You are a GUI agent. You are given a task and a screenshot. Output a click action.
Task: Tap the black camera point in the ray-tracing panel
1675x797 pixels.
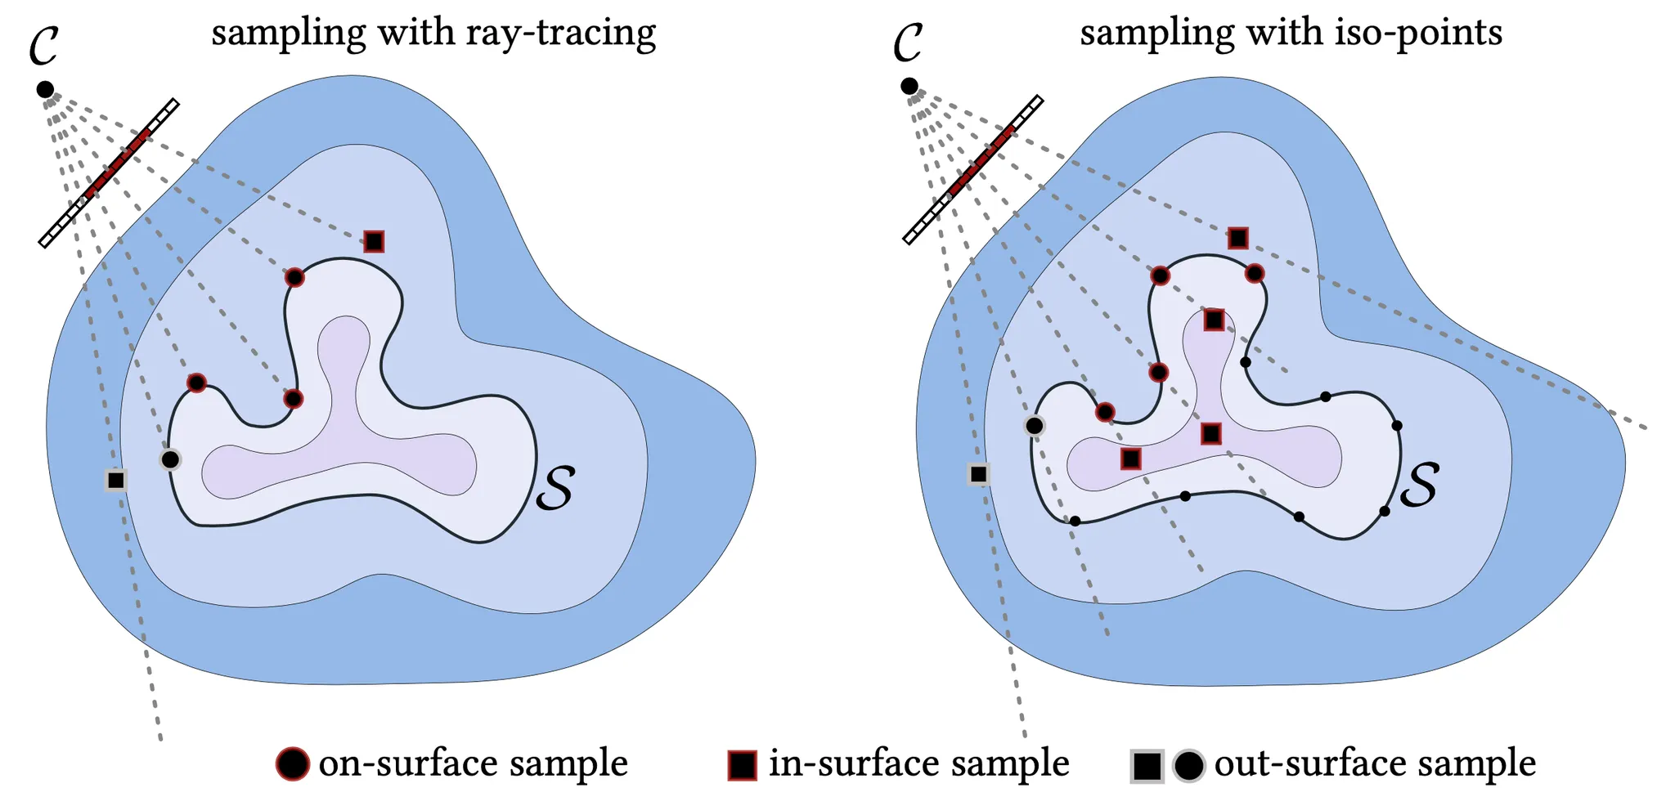click(x=45, y=89)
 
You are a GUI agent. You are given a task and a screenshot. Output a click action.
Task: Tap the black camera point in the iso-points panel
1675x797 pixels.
click(x=909, y=86)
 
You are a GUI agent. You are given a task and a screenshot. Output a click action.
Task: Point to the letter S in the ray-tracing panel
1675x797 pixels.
click(x=555, y=488)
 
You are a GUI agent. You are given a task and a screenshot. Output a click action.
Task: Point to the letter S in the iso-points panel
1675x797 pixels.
click(x=1419, y=485)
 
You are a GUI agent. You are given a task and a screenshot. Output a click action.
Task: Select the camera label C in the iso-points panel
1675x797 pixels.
click(x=908, y=42)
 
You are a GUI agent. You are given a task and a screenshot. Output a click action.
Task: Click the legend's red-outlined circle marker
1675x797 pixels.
click(x=293, y=764)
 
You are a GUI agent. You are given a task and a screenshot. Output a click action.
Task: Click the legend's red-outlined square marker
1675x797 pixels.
click(x=742, y=765)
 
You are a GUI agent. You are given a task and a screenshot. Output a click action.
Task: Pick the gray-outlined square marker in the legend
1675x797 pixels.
click(x=1147, y=766)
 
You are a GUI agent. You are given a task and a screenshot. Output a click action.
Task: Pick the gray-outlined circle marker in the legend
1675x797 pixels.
click(x=1188, y=766)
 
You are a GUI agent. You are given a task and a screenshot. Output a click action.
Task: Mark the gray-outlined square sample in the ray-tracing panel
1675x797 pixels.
click(x=116, y=480)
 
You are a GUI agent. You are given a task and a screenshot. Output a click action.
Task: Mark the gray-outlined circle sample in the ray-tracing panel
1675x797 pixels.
click(x=170, y=459)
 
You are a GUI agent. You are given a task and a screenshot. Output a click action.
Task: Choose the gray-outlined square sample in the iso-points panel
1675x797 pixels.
click(x=978, y=474)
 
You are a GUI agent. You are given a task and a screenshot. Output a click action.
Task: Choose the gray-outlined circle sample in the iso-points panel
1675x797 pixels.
click(x=1035, y=425)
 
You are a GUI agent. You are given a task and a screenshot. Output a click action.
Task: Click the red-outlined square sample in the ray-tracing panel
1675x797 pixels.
click(x=374, y=241)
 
